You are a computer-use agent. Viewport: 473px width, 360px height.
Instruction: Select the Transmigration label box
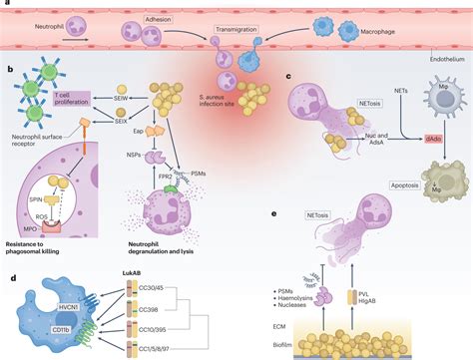pos(239,32)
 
